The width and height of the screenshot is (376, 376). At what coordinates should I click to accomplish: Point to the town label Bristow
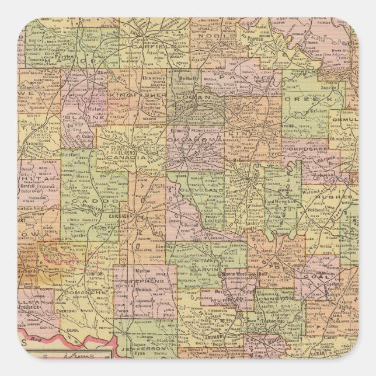click(318, 109)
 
